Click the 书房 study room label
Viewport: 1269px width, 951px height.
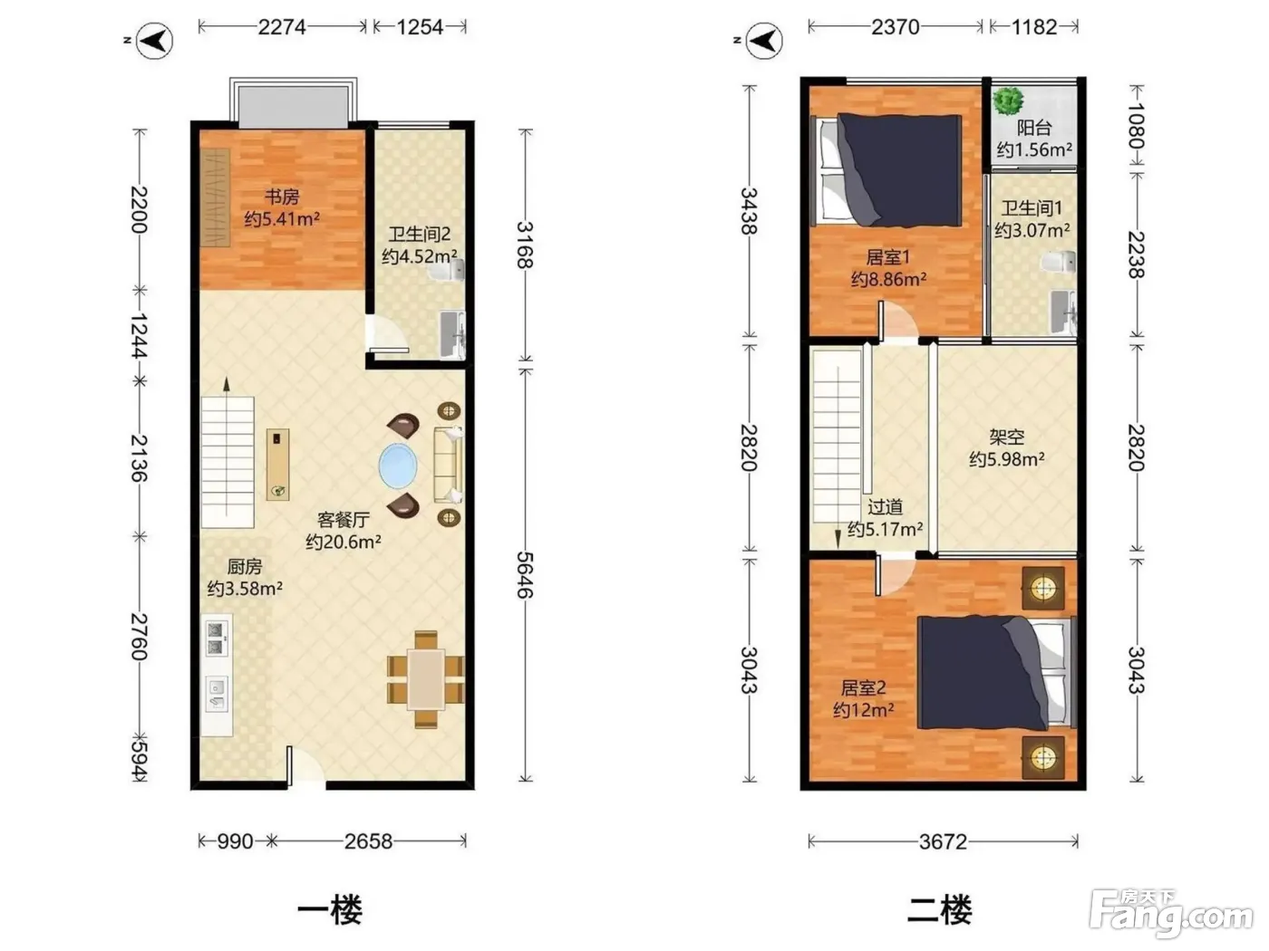click(x=282, y=197)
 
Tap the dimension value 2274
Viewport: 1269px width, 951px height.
click(x=282, y=27)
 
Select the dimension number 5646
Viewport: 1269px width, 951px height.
click(x=525, y=575)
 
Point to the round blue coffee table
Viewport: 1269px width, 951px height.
click(x=398, y=466)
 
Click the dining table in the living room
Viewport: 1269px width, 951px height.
click(x=426, y=679)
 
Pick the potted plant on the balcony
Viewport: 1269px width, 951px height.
click(x=1009, y=101)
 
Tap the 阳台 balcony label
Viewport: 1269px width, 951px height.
click(x=1034, y=128)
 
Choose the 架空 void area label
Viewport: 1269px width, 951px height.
click(x=1006, y=437)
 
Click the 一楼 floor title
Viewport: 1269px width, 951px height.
click(x=330, y=910)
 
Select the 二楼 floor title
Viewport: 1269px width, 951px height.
click(x=939, y=910)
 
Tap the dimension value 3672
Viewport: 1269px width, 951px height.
click(x=943, y=842)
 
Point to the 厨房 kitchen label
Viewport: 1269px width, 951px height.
click(x=245, y=566)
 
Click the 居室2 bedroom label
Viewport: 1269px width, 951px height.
click(x=863, y=687)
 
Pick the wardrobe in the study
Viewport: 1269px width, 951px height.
click(x=216, y=197)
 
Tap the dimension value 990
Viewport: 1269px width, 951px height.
click(x=236, y=842)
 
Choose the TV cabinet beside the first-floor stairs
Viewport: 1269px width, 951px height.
click(x=277, y=465)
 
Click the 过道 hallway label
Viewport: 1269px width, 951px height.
click(x=885, y=506)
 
